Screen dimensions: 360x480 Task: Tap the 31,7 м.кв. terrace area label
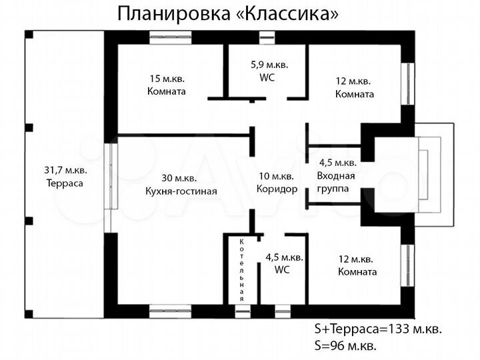coord(65,169)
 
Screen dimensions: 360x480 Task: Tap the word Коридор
coord(277,189)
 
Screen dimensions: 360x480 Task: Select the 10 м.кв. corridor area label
coord(277,177)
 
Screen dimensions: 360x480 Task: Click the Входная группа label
coord(337,181)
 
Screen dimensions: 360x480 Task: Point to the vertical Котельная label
coord(243,269)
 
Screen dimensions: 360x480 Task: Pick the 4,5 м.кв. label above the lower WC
coord(285,257)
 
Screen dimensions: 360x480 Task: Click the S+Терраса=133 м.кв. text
coord(378,329)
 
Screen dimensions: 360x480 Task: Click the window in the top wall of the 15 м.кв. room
coord(170,37)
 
